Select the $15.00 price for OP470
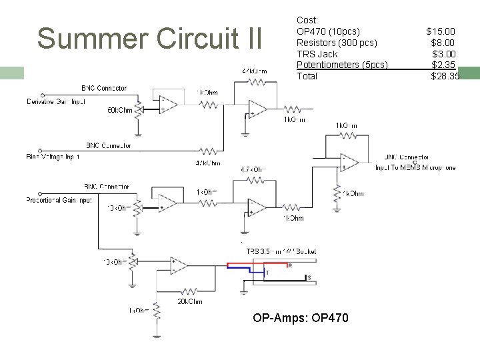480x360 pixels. point(441,31)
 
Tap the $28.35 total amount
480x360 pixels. point(445,76)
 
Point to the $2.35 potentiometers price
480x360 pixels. point(443,65)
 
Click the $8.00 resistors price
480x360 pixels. point(443,43)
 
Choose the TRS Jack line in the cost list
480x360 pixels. point(317,54)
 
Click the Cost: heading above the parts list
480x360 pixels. point(307,21)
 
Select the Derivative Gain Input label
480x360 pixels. point(56,102)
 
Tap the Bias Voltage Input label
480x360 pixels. point(53,157)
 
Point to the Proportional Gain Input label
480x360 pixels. point(59,200)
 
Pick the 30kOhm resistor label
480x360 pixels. point(189,301)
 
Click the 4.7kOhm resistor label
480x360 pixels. point(253,170)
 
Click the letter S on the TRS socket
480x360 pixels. point(308,277)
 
